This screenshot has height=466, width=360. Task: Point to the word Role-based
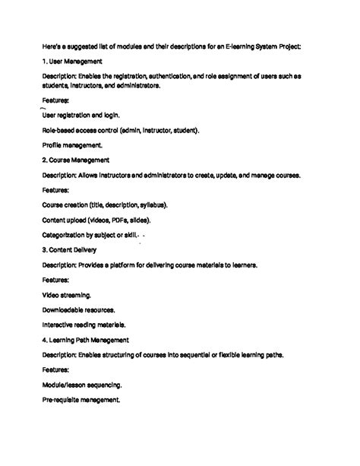pyautogui.click(x=59, y=130)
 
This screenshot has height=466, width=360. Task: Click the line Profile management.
pyautogui.click(x=72, y=144)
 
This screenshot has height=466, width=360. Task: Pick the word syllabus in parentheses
pyautogui.click(x=153, y=204)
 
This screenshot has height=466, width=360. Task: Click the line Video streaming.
pyautogui.click(x=68, y=294)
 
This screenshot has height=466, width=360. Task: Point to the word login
pyautogui.click(x=110, y=115)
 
